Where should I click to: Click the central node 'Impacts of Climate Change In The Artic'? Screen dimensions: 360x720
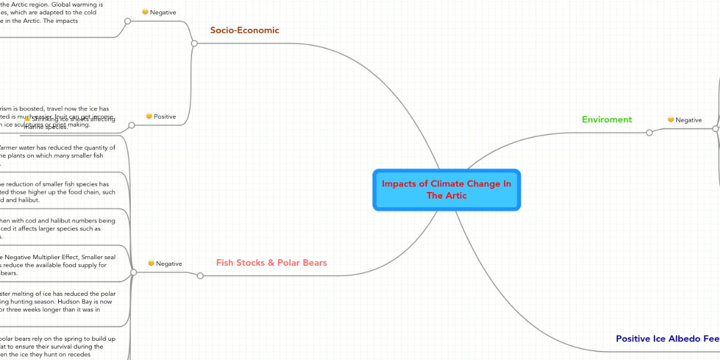click(x=446, y=190)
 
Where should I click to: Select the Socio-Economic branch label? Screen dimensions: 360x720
click(x=244, y=30)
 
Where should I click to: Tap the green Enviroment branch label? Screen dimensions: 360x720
click(x=607, y=119)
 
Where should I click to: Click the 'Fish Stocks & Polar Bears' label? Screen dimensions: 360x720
click(x=271, y=263)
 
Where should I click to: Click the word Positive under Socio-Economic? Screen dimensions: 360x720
click(x=165, y=116)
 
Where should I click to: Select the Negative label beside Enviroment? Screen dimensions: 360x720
click(x=688, y=120)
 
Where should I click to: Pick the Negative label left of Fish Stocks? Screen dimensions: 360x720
click(x=169, y=263)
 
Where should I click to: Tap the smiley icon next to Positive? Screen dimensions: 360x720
click(x=149, y=116)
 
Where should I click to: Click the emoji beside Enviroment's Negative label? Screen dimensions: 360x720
click(x=671, y=119)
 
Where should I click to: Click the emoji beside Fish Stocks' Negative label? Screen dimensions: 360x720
click(x=151, y=263)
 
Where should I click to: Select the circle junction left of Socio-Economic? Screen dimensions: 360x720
click(x=194, y=43)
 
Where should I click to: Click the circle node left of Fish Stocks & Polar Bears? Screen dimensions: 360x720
click(x=200, y=276)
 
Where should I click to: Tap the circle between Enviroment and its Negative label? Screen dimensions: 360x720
click(x=649, y=133)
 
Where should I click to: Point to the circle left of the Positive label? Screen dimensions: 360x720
click(x=131, y=125)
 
